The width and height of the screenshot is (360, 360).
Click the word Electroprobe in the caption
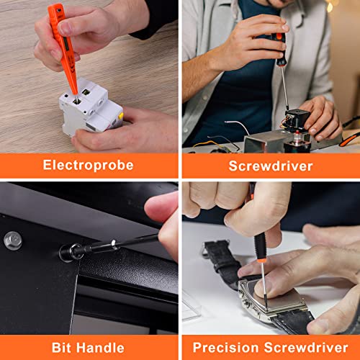pos(89,165)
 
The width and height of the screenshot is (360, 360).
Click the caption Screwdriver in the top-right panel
pos(270,166)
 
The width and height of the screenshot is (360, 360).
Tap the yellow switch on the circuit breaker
pos(120,115)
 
